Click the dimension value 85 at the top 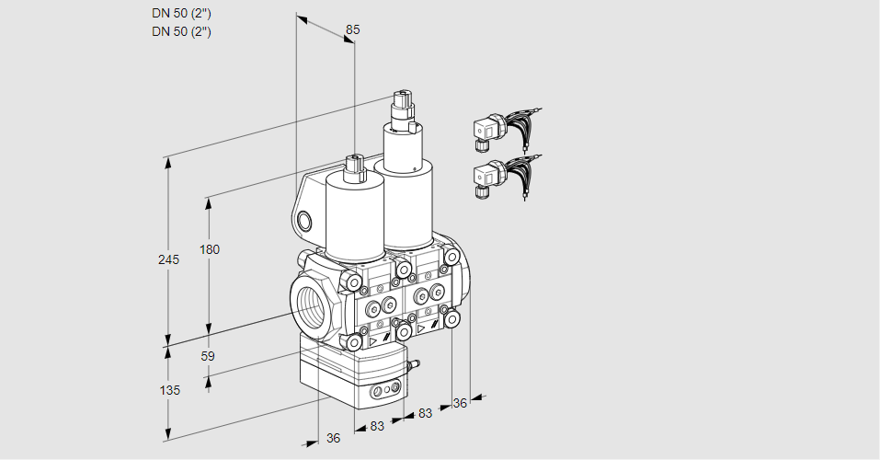tap(351, 29)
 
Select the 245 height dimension tap(167, 260)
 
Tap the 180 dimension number tap(210, 249)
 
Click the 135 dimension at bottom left tap(169, 390)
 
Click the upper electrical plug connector tap(486, 131)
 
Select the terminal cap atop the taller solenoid tap(402, 102)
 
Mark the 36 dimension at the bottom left tap(333, 438)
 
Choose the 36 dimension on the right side tap(461, 402)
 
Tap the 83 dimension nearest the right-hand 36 tap(424, 414)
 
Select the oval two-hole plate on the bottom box tap(383, 393)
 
